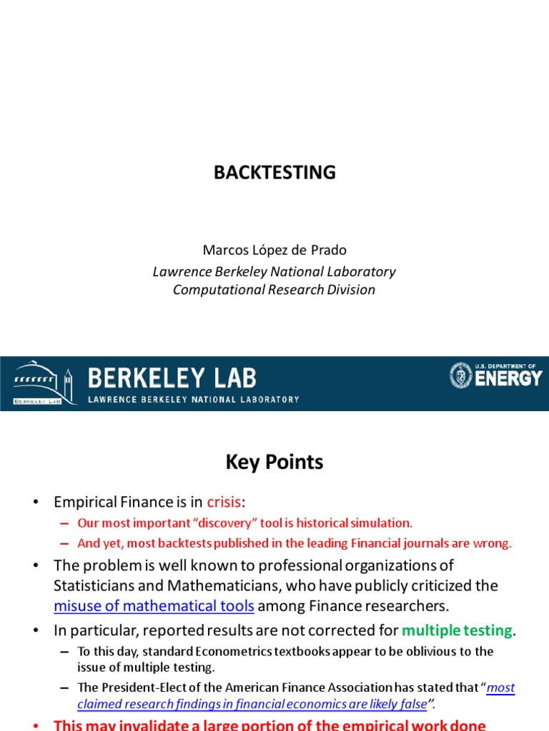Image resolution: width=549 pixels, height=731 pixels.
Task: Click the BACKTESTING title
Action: (x=274, y=173)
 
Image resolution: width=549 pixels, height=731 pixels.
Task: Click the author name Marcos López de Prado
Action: (x=274, y=251)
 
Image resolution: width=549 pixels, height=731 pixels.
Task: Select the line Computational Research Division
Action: (x=274, y=290)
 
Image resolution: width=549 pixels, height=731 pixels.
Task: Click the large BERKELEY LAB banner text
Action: (x=172, y=378)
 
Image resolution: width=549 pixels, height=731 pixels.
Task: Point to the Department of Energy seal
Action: (x=461, y=375)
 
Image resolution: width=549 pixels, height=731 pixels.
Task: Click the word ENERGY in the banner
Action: (x=508, y=378)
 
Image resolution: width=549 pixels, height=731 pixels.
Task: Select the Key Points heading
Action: (x=274, y=463)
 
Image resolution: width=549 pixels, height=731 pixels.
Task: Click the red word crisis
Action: (x=224, y=502)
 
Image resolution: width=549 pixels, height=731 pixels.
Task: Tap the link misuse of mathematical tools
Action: (x=154, y=607)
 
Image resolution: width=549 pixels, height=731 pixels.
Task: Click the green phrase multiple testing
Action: (x=457, y=630)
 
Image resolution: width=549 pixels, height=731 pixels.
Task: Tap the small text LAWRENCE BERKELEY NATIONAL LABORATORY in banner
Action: (x=193, y=399)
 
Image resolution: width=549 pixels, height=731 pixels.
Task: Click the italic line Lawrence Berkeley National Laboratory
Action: (x=274, y=271)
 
